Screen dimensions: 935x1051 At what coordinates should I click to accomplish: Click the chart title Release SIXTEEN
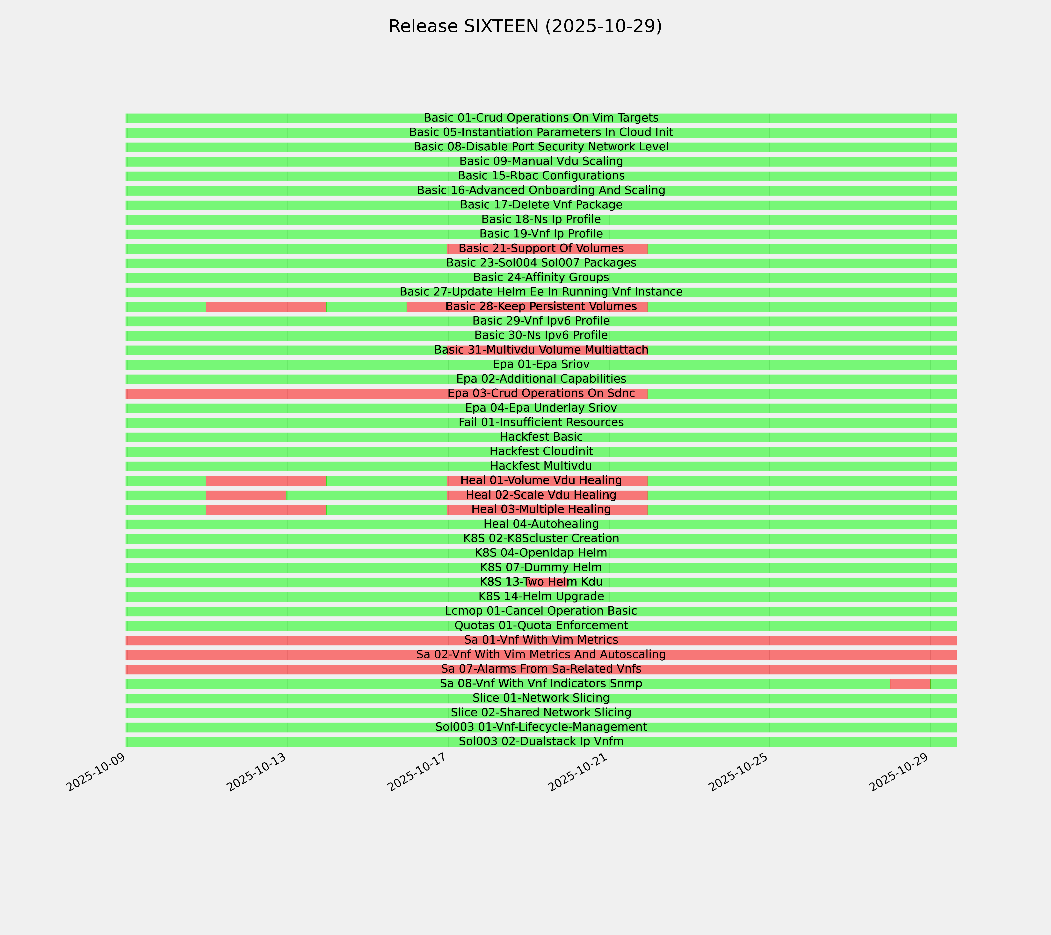(525, 26)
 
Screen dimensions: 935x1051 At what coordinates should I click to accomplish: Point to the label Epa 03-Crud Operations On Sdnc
(541, 394)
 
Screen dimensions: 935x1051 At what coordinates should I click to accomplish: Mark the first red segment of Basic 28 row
(266, 307)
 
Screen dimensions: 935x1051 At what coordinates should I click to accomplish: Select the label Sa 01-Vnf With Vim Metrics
(541, 640)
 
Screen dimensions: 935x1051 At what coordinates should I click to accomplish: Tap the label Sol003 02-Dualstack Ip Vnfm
(541, 742)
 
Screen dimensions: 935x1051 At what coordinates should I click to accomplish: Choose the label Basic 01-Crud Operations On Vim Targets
(541, 118)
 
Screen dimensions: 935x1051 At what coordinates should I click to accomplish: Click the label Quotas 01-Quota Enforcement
(541, 626)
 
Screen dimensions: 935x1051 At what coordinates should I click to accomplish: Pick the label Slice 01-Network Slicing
(541, 698)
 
